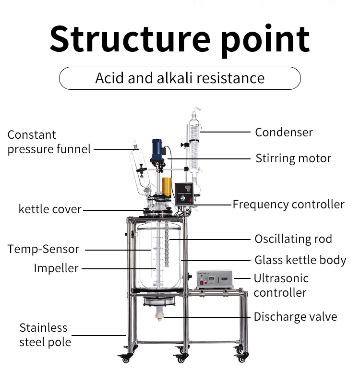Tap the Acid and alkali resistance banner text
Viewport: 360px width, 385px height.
[x=180, y=78]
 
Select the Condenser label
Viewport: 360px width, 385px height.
[x=284, y=132]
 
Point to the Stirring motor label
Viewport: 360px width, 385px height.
[x=293, y=158]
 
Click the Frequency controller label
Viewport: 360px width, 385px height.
[x=288, y=205]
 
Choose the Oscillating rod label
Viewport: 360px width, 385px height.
[x=293, y=239]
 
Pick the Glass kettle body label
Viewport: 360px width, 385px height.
[x=300, y=260]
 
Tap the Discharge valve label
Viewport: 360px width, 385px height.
[x=295, y=317]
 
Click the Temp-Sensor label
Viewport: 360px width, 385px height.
[x=43, y=249]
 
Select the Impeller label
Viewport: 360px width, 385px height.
[x=56, y=268]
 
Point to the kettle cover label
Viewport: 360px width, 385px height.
[x=50, y=210]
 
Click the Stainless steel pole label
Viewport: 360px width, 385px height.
[x=45, y=335]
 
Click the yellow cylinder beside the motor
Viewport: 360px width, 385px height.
[x=167, y=186]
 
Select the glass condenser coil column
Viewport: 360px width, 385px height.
[x=194, y=146]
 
